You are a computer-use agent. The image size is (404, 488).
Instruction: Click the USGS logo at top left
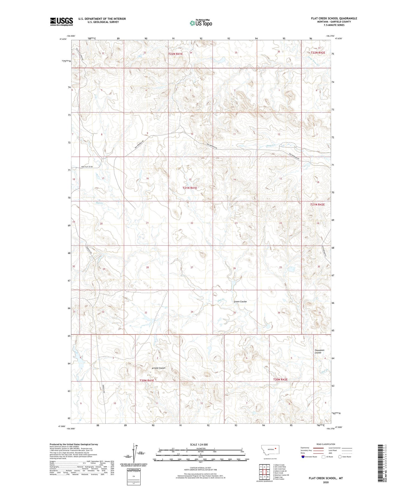[x=62, y=21]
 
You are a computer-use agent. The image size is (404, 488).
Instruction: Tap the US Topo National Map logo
[x=201, y=23]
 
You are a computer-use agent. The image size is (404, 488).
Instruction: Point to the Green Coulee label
[x=240, y=302]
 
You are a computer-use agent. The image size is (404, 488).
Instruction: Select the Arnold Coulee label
[x=159, y=368]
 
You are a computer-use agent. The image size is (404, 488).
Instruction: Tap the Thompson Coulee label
[x=319, y=351]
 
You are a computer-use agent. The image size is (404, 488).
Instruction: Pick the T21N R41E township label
[x=190, y=188]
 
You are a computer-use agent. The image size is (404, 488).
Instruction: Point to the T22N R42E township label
[x=318, y=53]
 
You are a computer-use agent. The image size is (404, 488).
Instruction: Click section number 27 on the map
[x=192, y=267]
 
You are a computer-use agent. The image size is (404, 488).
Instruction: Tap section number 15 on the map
[x=190, y=179]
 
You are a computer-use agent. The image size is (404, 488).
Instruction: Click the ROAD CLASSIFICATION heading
[x=326, y=444]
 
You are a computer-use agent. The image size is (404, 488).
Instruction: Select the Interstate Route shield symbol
[x=303, y=457]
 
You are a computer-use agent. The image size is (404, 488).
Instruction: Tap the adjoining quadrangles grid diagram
[x=264, y=471]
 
